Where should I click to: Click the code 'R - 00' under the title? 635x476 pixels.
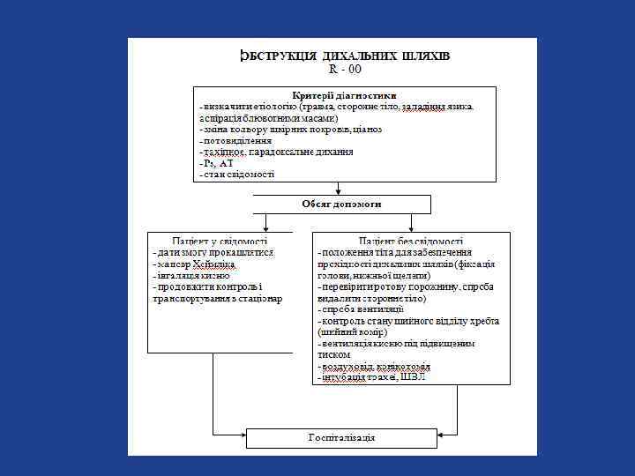coord(345,69)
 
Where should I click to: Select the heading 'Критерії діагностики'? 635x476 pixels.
coord(344,95)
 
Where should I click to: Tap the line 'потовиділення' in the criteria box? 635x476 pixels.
coord(235,140)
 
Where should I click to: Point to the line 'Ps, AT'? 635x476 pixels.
coord(217,163)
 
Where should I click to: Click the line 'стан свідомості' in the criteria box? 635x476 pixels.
coord(237,174)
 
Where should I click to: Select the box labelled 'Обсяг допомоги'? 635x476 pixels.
coord(342,204)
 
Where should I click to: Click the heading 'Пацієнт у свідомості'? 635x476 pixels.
coord(220,240)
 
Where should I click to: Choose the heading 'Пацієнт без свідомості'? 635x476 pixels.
coord(411,240)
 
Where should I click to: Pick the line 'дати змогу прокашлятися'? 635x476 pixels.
coord(214,252)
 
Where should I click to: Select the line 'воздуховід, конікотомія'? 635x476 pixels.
coord(376,366)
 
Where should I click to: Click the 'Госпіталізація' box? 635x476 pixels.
coord(342,438)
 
